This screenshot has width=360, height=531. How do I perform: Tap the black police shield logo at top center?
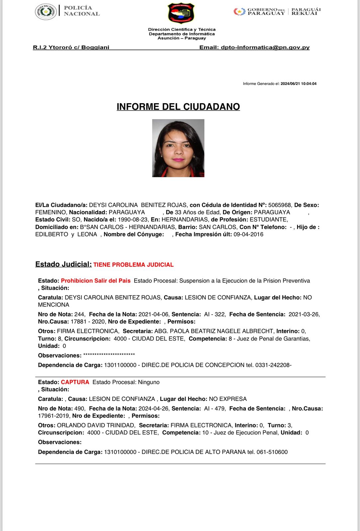point(181,13)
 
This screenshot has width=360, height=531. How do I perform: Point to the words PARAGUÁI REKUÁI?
point(306,11)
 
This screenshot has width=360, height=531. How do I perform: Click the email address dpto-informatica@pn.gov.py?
point(265,47)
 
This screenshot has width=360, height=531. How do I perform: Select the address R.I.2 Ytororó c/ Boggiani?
point(71,47)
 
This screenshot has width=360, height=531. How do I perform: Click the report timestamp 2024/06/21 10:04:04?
point(298,84)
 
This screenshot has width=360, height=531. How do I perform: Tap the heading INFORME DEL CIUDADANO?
point(178,107)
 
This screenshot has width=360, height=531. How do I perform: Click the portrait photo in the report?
point(178,148)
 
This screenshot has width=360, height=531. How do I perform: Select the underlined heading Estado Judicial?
point(63,264)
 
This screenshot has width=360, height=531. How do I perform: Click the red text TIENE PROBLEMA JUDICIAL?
point(134,265)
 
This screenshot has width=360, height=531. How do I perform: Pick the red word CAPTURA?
point(75,382)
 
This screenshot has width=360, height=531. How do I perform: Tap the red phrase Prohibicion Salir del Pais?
point(96,281)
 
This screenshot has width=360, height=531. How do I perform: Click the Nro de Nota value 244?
point(79,314)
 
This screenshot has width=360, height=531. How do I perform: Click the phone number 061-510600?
point(272,452)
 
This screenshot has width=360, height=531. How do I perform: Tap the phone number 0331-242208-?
point(273,365)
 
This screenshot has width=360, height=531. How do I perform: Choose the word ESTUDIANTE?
point(268,220)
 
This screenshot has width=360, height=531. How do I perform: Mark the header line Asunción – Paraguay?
point(182,38)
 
